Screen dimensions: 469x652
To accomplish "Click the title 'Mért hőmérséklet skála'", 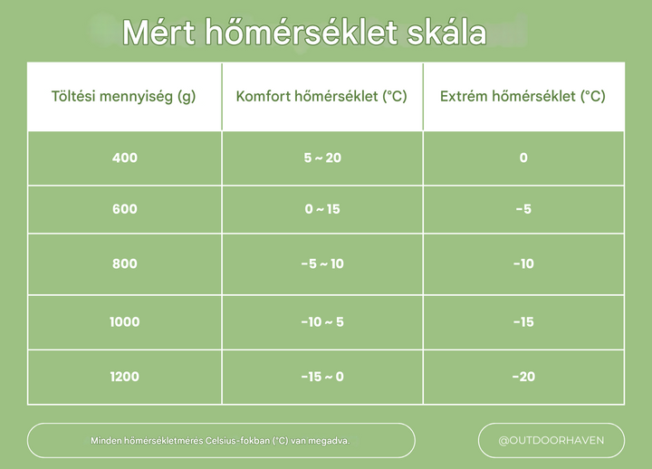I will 304,33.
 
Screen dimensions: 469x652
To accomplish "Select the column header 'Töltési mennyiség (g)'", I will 124,96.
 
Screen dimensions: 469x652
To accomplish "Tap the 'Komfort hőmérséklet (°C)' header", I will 321,96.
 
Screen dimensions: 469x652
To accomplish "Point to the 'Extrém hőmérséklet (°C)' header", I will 523,96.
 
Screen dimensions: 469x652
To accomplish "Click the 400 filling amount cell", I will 124,158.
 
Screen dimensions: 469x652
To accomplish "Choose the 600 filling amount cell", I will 124,209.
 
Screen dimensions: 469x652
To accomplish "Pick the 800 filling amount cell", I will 124,263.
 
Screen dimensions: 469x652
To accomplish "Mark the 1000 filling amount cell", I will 124,321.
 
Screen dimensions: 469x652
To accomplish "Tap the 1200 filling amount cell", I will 124,376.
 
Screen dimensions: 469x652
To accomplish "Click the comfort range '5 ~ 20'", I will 322,158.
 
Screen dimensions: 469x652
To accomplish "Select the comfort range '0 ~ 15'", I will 322,209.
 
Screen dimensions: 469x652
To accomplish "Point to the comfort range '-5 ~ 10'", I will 322,263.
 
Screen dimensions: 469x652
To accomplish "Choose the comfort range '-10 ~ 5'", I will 322,321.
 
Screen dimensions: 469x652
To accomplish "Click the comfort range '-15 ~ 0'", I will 322,376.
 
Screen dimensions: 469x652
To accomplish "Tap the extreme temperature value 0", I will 523,158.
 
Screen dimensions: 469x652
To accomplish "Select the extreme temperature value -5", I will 523,209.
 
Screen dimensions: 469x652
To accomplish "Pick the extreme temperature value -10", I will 523,263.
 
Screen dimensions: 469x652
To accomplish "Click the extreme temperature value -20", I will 523,376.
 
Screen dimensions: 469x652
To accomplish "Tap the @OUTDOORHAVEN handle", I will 551,441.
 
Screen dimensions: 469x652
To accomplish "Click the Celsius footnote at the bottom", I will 220,441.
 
